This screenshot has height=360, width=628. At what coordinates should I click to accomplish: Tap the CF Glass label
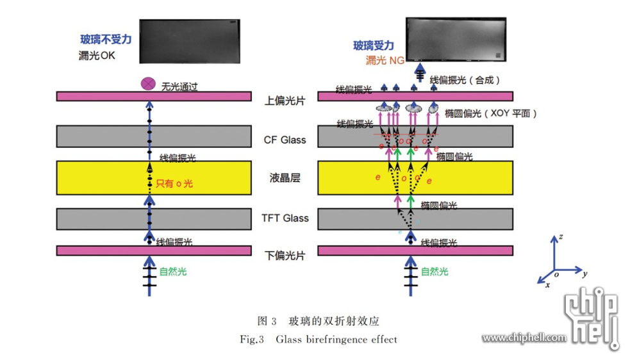pos(285,140)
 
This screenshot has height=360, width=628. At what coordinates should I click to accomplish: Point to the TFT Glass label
pos(285,218)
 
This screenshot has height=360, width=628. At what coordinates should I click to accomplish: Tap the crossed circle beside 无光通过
pos(149,83)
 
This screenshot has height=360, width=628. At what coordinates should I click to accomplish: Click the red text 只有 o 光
pos(175,183)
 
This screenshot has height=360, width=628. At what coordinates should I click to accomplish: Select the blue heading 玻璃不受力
pos(106,40)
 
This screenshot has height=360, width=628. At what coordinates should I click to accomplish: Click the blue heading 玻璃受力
pos(374,45)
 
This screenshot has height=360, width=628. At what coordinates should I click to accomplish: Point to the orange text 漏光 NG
pos(384,60)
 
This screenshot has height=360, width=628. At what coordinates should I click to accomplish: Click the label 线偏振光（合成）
pos(465,80)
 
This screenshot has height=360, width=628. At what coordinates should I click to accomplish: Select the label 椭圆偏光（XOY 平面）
pos(490,113)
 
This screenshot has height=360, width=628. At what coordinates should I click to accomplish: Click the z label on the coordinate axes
pos(561,236)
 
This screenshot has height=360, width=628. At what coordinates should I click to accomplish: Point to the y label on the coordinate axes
pos(585,274)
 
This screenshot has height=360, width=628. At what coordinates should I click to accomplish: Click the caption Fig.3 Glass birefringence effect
pos(318,340)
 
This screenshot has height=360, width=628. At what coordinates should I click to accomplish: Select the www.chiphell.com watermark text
pos(524,338)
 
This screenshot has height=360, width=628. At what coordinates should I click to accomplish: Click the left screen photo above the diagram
pos(190,41)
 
